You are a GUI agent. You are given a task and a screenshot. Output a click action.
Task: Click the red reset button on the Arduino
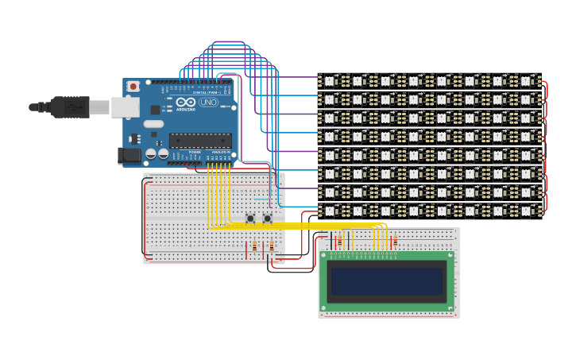[133, 86]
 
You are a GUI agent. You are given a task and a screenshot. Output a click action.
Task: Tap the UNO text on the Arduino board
[208, 103]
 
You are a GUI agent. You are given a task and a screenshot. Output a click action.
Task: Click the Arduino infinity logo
[187, 103]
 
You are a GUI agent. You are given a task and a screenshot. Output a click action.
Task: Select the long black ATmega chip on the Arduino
[200, 141]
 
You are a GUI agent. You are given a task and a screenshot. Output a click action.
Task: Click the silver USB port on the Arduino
[125, 106]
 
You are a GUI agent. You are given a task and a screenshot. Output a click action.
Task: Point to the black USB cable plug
[70, 106]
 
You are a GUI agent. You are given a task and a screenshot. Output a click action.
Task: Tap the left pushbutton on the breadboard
[250, 218]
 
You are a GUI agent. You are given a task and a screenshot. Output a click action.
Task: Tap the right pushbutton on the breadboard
[268, 218]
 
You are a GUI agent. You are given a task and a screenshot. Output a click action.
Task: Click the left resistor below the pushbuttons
[254, 247]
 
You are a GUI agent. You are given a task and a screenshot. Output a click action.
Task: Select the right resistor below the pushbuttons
[272, 247]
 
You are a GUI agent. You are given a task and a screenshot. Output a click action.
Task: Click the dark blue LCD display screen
[387, 281]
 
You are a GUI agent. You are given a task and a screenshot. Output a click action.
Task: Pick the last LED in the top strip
[525, 80]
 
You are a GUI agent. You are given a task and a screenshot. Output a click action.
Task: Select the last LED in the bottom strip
[525, 211]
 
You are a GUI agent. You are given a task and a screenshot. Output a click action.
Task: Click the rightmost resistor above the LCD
[395, 239]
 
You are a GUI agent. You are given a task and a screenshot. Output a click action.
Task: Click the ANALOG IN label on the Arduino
[218, 151]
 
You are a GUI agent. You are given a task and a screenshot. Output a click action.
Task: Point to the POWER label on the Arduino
[195, 151]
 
